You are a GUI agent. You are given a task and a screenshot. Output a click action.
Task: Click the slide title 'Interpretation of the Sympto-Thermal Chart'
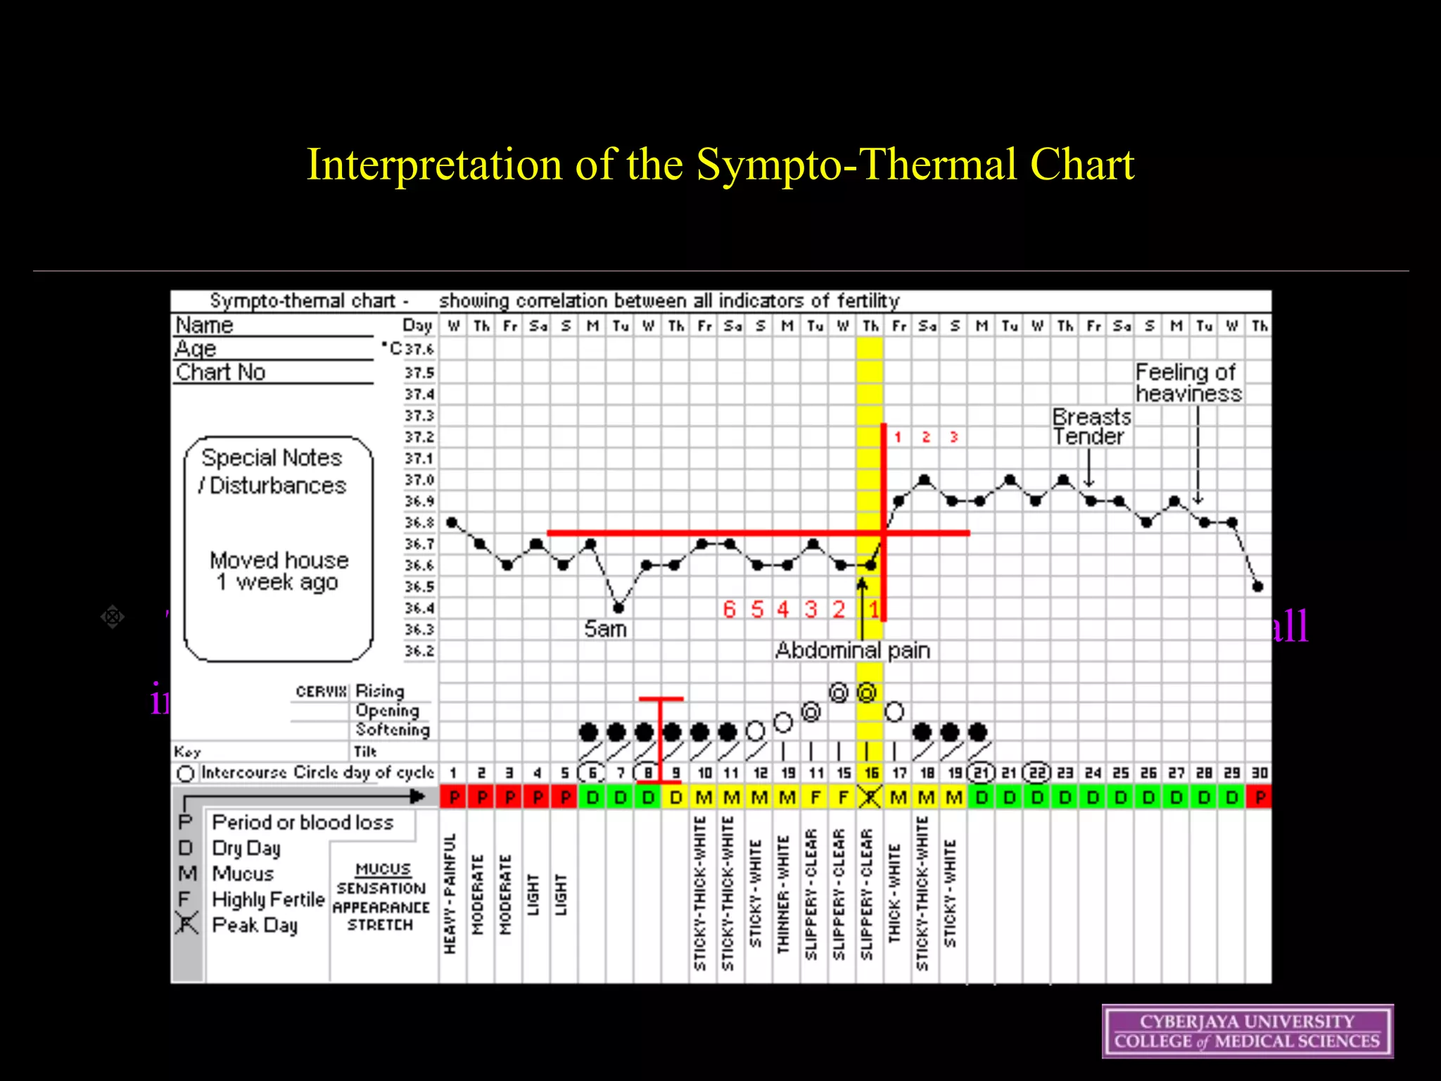click(x=720, y=165)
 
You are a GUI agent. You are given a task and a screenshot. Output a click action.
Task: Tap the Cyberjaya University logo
click(x=1247, y=1031)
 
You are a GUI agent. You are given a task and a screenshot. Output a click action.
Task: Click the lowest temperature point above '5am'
click(x=618, y=607)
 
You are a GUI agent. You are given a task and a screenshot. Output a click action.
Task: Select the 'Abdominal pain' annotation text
click(x=852, y=650)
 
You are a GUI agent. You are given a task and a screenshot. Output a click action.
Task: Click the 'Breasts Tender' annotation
click(x=1091, y=426)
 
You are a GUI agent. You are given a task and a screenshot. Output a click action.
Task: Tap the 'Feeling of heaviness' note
click(x=1188, y=382)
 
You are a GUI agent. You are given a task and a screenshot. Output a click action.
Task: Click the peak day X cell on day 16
click(x=870, y=797)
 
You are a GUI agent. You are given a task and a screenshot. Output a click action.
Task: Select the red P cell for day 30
click(x=1259, y=797)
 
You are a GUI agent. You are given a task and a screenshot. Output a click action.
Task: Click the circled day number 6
click(x=592, y=773)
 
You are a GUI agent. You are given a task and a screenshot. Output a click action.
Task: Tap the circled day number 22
click(x=1037, y=773)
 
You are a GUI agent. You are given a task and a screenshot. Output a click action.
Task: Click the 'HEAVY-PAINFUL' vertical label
click(x=451, y=894)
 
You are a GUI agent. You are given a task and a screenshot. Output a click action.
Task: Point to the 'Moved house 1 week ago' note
click(x=279, y=571)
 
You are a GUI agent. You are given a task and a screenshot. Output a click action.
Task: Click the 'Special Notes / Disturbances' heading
click(x=272, y=472)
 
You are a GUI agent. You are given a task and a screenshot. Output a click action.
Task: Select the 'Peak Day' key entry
click(x=255, y=925)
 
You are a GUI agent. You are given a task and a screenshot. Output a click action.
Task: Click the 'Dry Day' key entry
click(x=246, y=848)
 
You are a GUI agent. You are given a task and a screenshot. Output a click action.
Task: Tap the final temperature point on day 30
click(x=1258, y=586)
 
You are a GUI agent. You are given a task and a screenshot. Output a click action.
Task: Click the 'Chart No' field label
click(x=220, y=372)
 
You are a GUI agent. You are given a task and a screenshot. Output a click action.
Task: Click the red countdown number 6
click(x=729, y=609)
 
